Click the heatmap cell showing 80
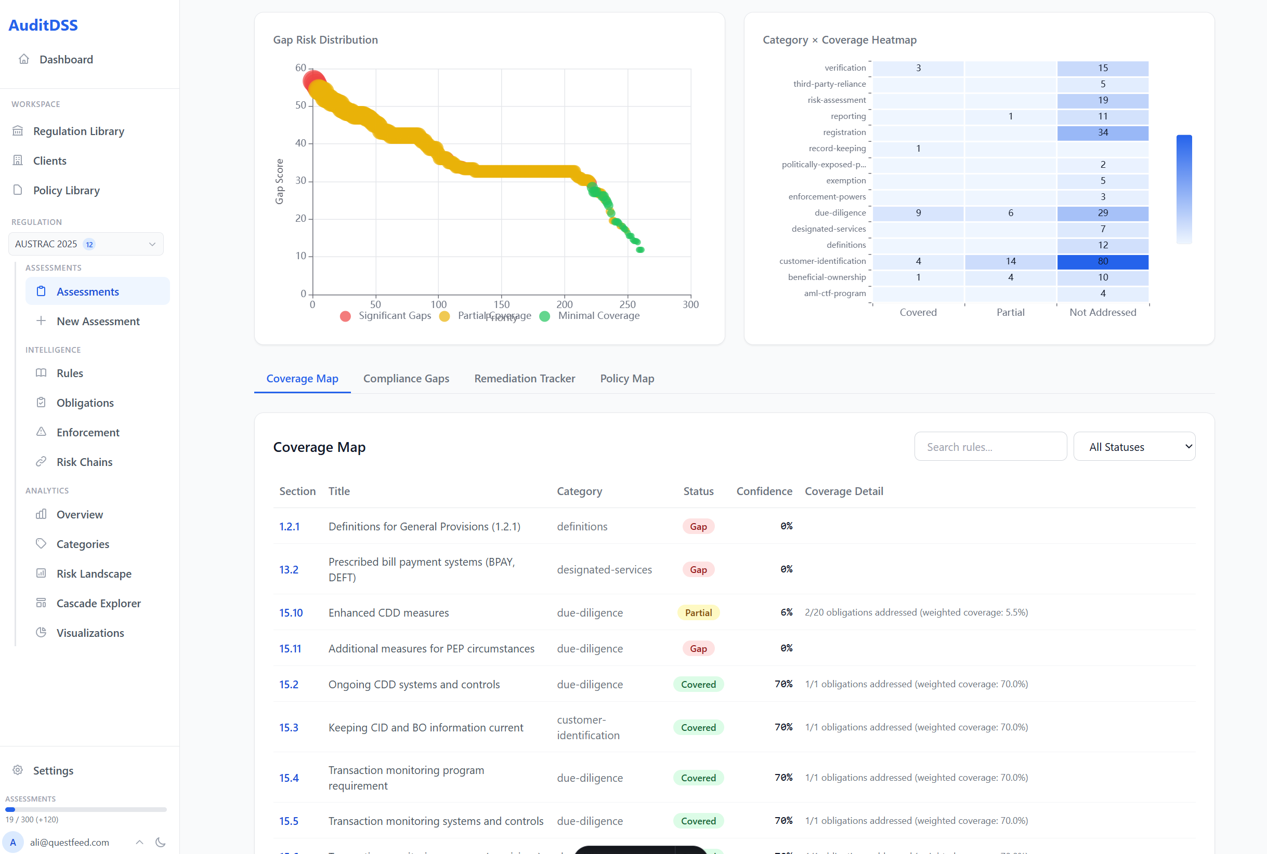(x=1102, y=261)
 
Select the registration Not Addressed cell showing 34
(x=1102, y=132)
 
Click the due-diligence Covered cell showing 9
(x=918, y=213)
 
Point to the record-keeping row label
(x=837, y=148)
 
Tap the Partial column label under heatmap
(x=1010, y=312)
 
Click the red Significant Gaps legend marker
(x=345, y=316)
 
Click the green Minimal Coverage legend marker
(x=544, y=316)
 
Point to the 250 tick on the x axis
(x=627, y=304)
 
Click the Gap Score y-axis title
(x=280, y=181)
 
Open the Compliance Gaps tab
(x=406, y=379)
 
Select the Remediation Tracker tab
(x=524, y=379)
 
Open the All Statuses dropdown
(x=1134, y=447)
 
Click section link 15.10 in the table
(x=291, y=613)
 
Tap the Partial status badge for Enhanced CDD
(x=698, y=613)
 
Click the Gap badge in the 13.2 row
(x=698, y=570)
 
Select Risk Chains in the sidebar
(x=84, y=462)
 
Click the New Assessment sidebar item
(x=98, y=322)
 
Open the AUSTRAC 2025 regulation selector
(x=86, y=244)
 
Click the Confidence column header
(x=764, y=491)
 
